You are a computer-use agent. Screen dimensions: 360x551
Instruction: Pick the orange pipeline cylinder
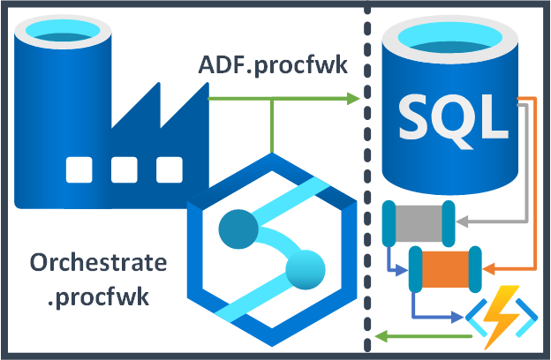[447, 268]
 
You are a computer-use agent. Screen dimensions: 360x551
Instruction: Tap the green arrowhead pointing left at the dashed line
[380, 335]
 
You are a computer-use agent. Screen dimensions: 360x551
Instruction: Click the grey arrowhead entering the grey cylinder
[462, 223]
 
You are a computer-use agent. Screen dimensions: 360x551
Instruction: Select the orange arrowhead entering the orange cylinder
[491, 267]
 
